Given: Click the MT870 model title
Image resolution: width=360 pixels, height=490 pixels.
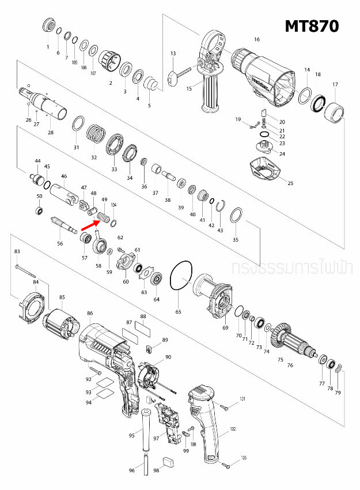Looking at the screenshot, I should [312, 26].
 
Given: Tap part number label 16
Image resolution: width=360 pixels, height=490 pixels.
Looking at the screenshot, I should [257, 39].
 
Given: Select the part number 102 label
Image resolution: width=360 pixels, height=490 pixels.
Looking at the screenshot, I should [233, 429].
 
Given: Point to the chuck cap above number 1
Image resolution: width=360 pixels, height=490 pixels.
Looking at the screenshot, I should [49, 26].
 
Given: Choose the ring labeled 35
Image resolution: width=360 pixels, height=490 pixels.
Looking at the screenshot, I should [235, 217].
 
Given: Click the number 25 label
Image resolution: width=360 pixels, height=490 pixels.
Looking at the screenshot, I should [290, 183].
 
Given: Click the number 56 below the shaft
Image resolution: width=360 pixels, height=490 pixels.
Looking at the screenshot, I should [59, 244].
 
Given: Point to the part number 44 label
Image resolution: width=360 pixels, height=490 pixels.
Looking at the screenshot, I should [37, 161].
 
